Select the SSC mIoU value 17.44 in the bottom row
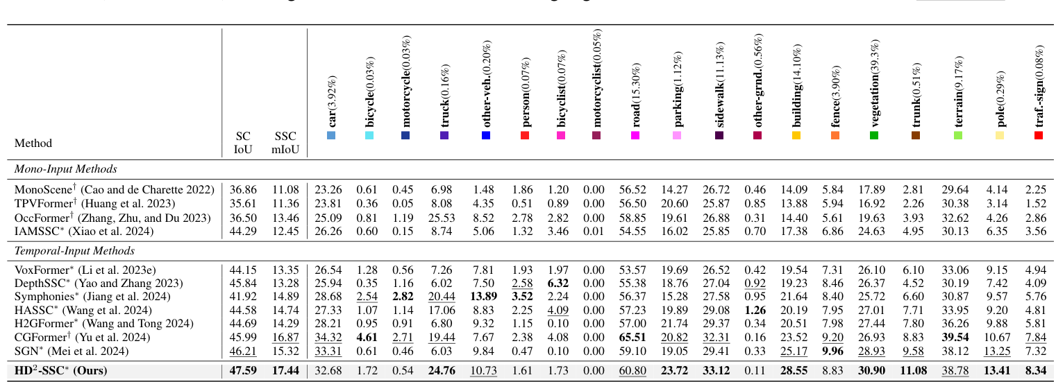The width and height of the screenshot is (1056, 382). [285, 371]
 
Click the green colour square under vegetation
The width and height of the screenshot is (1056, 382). [874, 135]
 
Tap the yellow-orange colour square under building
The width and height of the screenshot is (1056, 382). [796, 135]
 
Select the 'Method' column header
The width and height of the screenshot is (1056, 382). [33, 144]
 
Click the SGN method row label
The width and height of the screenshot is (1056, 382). [69, 351]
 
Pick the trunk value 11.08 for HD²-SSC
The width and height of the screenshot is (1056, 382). [916, 371]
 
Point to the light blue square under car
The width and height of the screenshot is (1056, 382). [331, 135]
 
